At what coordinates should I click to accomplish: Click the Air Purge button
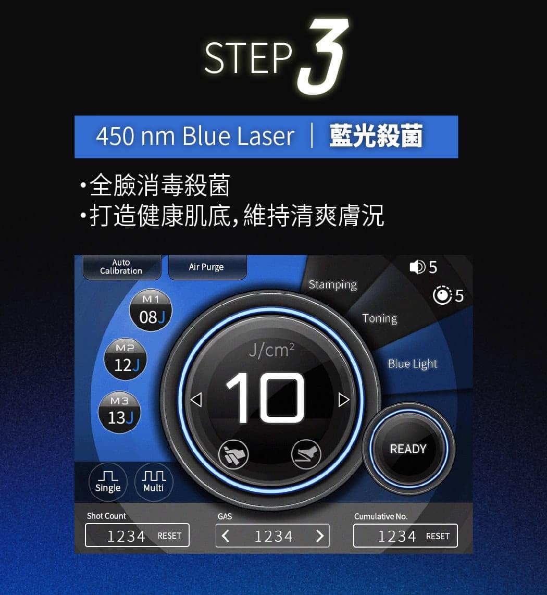(x=207, y=267)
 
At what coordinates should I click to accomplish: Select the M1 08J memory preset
(x=151, y=311)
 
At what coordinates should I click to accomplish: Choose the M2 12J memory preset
(x=125, y=358)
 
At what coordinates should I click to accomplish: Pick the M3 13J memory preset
(x=119, y=412)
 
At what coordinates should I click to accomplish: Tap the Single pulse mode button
(x=108, y=482)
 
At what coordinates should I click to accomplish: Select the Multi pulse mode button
(x=154, y=482)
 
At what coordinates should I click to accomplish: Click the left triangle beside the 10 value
(x=196, y=400)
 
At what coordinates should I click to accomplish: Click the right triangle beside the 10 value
(x=344, y=400)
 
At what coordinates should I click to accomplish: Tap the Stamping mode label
(x=333, y=284)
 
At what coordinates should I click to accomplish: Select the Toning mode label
(x=380, y=318)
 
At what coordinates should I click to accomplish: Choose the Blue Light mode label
(x=413, y=364)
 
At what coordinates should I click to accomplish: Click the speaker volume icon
(x=417, y=267)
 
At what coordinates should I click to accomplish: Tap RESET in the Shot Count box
(x=169, y=536)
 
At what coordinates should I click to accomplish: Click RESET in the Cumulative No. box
(x=438, y=536)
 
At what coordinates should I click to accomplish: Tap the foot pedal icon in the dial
(x=306, y=454)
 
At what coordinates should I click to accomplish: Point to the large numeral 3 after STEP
(x=323, y=56)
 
